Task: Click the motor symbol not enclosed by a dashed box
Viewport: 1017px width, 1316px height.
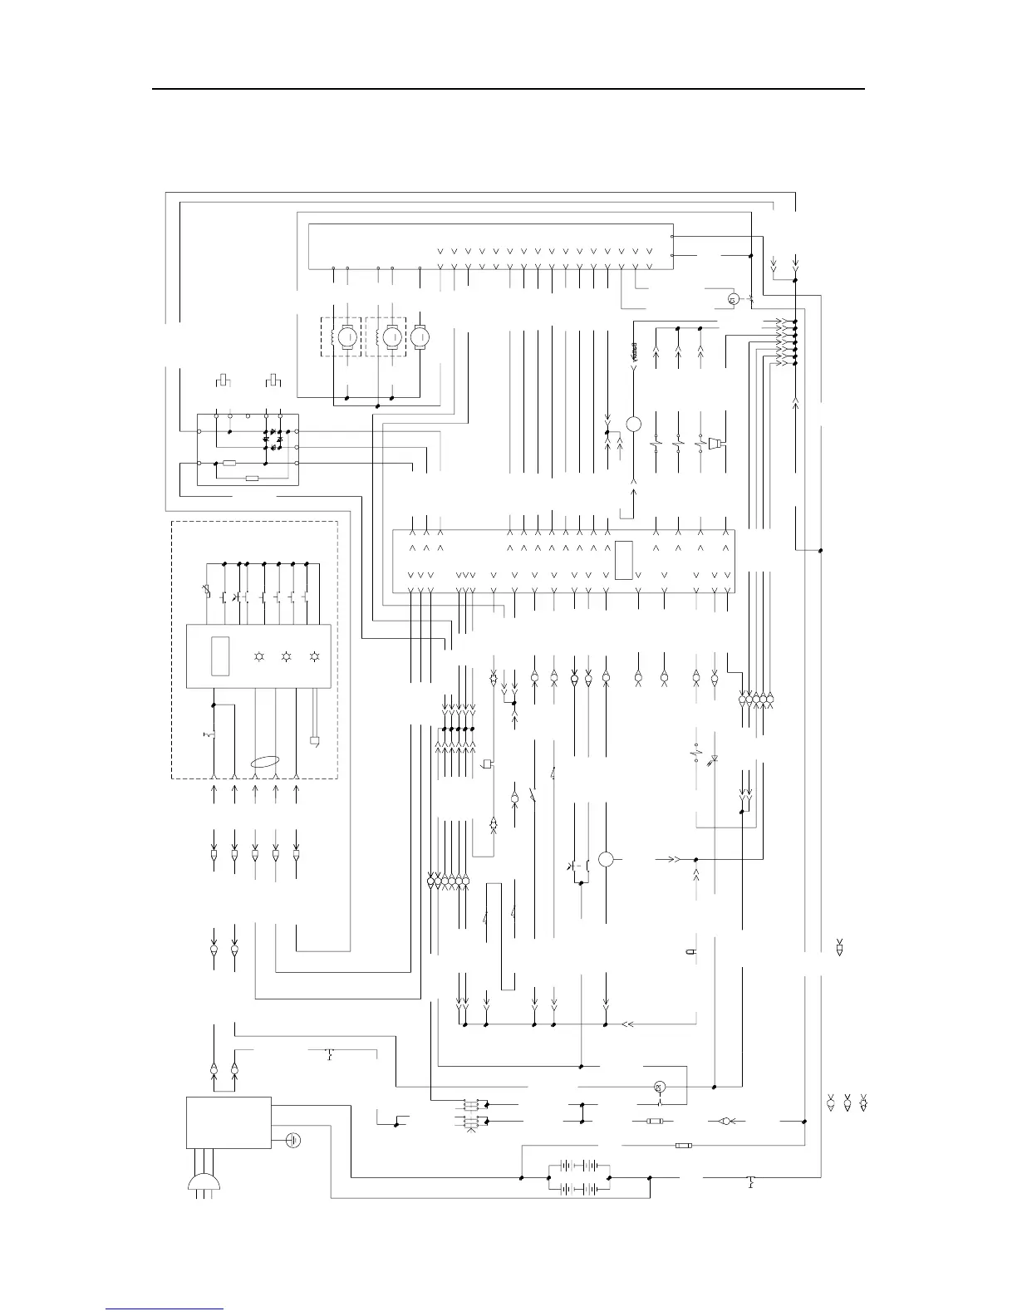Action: [420, 336]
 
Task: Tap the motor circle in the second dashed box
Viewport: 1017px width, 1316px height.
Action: [392, 336]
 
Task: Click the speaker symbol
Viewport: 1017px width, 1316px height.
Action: [715, 442]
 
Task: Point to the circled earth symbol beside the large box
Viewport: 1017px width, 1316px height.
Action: [292, 1139]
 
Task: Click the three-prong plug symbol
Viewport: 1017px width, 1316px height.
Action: [204, 1183]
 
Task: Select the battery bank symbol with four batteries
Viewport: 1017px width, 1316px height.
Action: [580, 1177]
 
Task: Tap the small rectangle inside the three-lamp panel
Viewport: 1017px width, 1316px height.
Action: [221, 656]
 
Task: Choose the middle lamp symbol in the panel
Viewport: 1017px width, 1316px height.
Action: [286, 656]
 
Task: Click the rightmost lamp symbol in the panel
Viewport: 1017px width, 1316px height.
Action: [314, 656]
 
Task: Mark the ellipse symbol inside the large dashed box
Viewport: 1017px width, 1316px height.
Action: [265, 761]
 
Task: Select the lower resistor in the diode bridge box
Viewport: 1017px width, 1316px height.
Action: [253, 479]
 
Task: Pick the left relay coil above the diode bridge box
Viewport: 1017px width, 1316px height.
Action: [223, 381]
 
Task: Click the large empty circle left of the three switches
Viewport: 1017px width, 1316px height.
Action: [633, 424]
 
